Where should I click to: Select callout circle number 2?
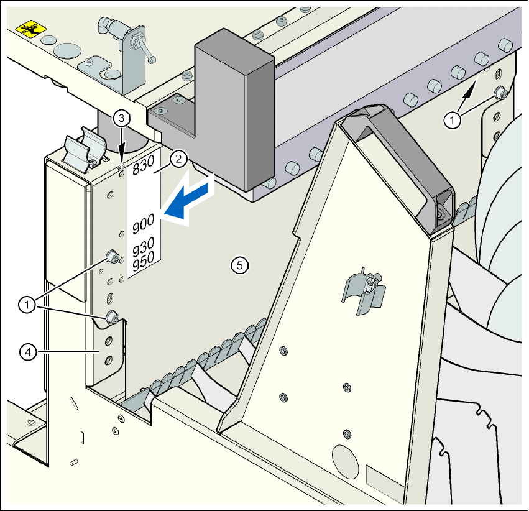178,159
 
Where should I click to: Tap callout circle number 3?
122,117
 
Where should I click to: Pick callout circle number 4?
27,352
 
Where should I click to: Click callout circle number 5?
239,265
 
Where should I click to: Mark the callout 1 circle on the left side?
27,305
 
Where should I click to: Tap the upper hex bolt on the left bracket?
113,255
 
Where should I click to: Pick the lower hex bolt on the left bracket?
113,318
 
